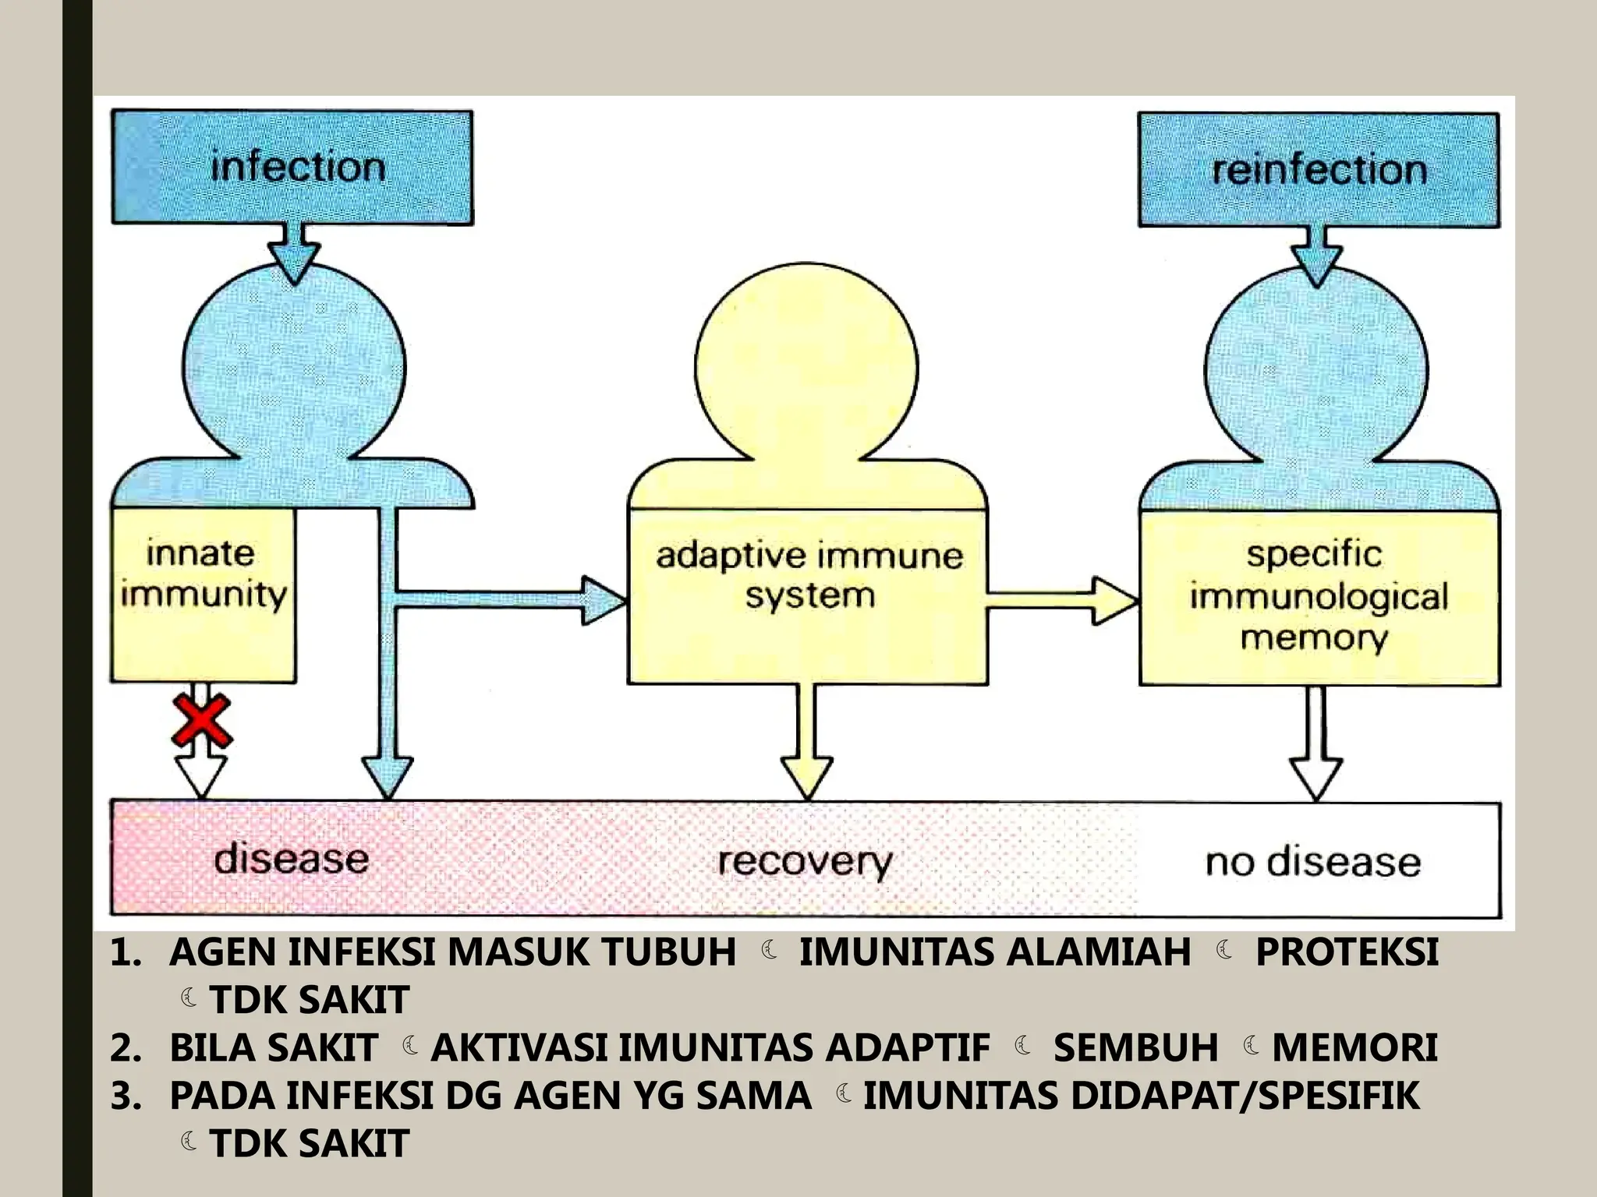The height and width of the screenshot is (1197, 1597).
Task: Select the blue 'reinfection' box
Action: [x=1318, y=169]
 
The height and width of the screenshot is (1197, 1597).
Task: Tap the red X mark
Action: [x=201, y=721]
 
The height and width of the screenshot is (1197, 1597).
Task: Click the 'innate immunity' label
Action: [x=203, y=574]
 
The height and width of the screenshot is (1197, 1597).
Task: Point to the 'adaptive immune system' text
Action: [x=809, y=576]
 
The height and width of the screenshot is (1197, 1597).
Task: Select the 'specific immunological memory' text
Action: [x=1318, y=596]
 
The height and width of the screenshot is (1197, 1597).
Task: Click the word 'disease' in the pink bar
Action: [x=291, y=859]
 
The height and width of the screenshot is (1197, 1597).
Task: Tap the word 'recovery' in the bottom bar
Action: [x=804, y=862]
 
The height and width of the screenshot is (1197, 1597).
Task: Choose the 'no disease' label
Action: [x=1313, y=862]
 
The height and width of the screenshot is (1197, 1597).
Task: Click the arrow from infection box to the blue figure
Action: [x=294, y=252]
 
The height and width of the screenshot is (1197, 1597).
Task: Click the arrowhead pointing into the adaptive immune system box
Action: [x=604, y=600]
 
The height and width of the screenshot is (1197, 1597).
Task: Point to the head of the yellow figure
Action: [x=806, y=366]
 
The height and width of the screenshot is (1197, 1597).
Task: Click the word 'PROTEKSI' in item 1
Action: [x=1347, y=952]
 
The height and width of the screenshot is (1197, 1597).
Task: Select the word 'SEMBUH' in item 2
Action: [x=1135, y=1047]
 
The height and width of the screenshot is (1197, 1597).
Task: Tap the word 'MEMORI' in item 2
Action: [x=1354, y=1047]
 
